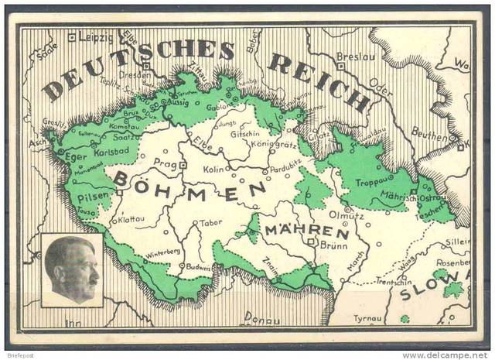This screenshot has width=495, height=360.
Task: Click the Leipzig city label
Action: [x=95, y=36]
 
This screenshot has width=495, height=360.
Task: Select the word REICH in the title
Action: [x=319, y=81]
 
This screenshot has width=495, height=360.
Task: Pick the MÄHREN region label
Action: [x=306, y=231]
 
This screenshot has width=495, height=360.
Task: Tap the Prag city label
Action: [x=166, y=163]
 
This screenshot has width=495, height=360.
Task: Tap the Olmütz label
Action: [x=346, y=214]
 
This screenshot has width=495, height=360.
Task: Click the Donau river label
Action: [x=262, y=316]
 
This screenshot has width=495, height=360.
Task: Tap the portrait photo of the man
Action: [x=71, y=269]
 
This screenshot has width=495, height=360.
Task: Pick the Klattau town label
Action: [x=131, y=219]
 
